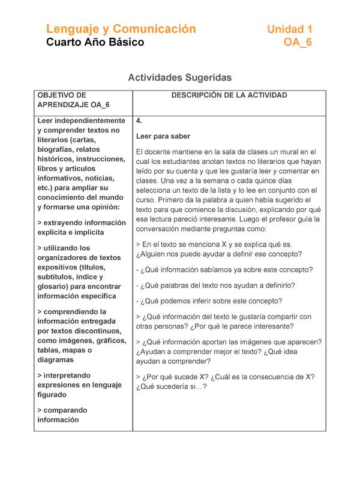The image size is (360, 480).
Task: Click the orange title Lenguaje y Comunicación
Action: coord(121,29)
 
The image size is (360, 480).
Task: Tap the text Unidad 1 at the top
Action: coord(289,29)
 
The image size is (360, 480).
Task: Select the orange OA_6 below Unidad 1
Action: coord(298,43)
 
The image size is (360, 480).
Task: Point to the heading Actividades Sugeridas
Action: coord(179,77)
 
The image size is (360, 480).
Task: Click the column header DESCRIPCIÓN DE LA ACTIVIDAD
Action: coord(229,95)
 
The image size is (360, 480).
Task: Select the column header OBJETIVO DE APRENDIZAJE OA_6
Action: coord(73,100)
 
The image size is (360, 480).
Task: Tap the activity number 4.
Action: coord(139,121)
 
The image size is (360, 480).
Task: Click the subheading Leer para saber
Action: coord(163,136)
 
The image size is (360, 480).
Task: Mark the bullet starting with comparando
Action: coord(62,415)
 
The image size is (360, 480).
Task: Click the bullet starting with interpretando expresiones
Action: coord(78,385)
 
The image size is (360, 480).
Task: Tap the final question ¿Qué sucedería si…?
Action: coord(172,386)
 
